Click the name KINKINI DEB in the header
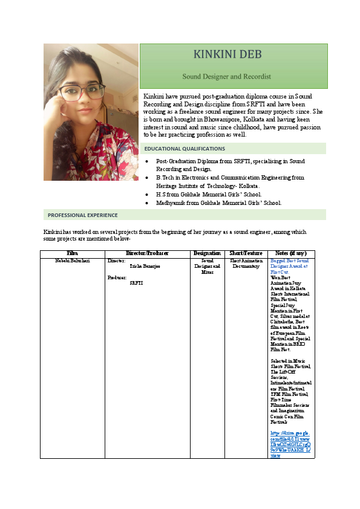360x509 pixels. [227, 55]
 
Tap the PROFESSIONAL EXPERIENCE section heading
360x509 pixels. [83, 215]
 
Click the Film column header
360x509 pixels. [72, 252]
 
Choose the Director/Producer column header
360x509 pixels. [147, 252]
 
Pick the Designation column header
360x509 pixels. [207, 252]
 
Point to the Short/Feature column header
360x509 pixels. [246, 252]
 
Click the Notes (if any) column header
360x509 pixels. [291, 252]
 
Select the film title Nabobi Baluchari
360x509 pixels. [73, 260]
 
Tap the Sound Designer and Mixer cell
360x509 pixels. [207, 266]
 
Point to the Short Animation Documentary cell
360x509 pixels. [246, 263]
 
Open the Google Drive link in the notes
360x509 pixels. [290, 444]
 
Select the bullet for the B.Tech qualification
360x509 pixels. [147, 178]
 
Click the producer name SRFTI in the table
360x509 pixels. [136, 283]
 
